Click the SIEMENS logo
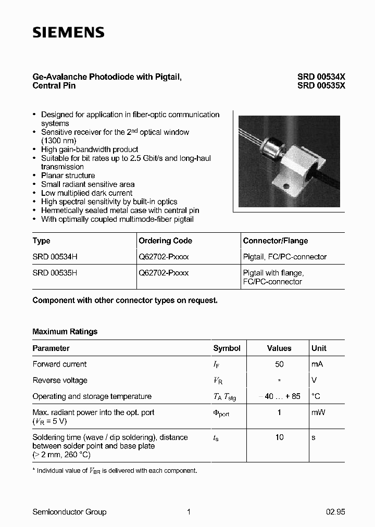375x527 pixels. [68, 33]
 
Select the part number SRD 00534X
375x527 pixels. [321, 77]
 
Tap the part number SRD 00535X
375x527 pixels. [321, 86]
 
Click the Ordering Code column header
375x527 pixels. [165, 241]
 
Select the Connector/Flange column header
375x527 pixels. [275, 241]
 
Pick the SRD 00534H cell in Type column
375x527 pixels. [55, 257]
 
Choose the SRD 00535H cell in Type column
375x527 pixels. [55, 273]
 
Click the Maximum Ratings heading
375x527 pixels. [65, 332]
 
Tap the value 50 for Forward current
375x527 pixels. [279, 365]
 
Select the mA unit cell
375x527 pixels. [317, 365]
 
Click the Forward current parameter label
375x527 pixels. [59, 365]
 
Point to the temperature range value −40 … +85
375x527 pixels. [279, 396]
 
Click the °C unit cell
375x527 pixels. [316, 396]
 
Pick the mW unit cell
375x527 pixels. [318, 412]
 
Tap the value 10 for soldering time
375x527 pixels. [279, 437]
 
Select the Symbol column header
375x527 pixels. [227, 348]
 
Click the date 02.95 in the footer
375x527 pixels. [335, 512]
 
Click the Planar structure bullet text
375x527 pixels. [68, 175]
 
